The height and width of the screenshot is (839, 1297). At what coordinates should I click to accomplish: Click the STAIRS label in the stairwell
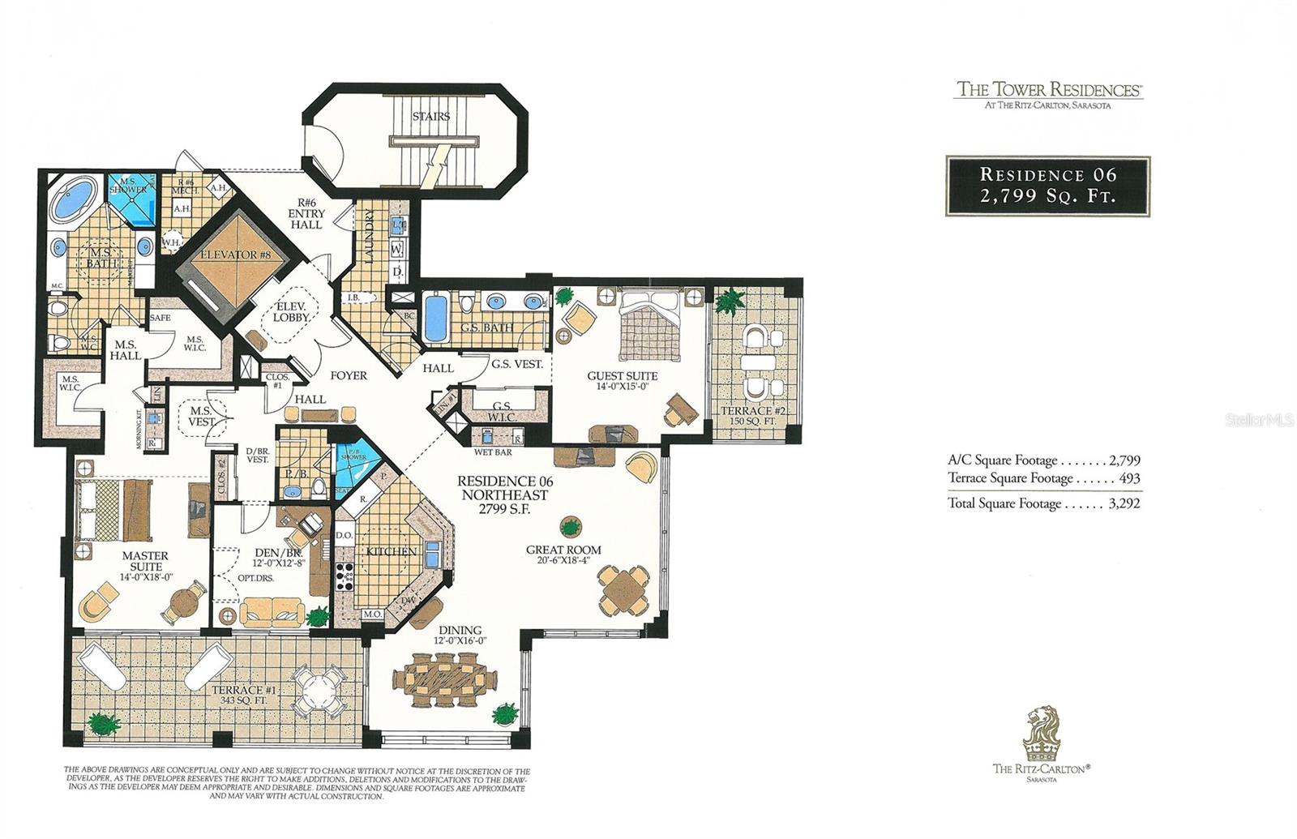[430, 117]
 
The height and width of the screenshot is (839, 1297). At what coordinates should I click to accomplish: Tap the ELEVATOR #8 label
[234, 255]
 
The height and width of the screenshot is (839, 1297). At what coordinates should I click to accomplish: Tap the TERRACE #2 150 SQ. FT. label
[753, 416]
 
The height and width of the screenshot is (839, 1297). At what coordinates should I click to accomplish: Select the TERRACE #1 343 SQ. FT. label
[244, 696]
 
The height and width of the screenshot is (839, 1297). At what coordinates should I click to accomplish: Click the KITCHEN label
[391, 551]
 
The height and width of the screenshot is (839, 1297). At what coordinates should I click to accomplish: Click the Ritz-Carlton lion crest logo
[1041, 732]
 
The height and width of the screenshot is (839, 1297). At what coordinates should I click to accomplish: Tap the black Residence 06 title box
[1047, 186]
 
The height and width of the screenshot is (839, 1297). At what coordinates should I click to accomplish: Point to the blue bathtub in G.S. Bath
[436, 319]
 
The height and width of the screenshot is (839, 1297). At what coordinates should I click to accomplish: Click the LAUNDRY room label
[370, 236]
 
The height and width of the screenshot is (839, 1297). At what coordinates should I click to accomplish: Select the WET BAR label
[493, 452]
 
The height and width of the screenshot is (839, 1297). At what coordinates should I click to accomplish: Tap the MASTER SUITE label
[146, 561]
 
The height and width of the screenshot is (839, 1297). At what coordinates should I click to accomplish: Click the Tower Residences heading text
[1049, 89]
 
